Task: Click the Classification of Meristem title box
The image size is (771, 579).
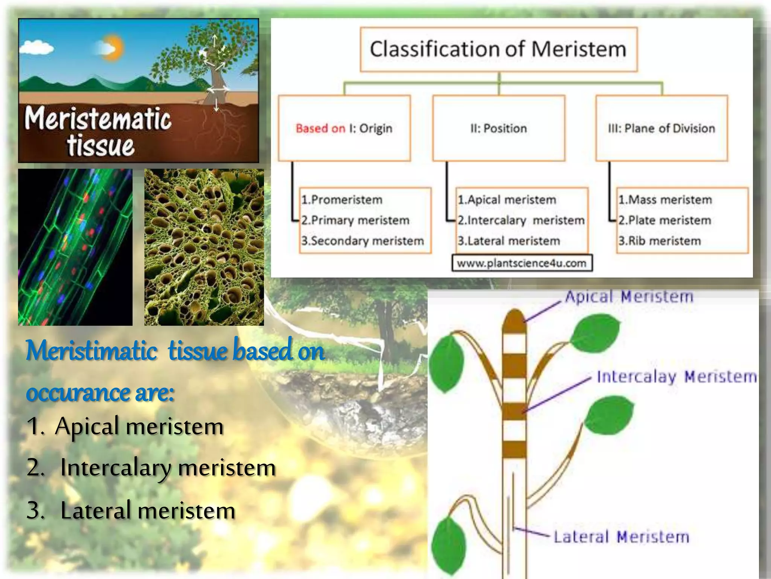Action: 498,49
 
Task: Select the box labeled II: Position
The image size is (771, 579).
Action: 498,128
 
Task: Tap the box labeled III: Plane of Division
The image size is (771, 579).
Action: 661,128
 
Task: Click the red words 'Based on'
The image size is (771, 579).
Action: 320,129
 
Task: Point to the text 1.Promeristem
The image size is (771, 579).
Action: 341,199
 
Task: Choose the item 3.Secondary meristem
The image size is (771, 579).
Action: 362,241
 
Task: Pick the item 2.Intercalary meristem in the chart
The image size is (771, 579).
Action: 521,220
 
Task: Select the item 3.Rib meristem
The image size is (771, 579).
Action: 659,241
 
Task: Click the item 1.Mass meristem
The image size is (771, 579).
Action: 665,199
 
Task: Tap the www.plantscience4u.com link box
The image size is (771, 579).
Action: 521,263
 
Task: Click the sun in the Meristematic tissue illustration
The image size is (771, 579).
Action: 113,48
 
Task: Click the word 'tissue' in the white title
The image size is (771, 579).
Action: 101,146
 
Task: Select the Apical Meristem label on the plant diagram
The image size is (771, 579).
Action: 628,297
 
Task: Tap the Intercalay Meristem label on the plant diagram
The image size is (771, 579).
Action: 677,377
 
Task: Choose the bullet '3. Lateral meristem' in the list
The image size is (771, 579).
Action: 131,510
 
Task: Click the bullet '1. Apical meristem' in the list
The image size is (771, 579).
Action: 125,426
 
